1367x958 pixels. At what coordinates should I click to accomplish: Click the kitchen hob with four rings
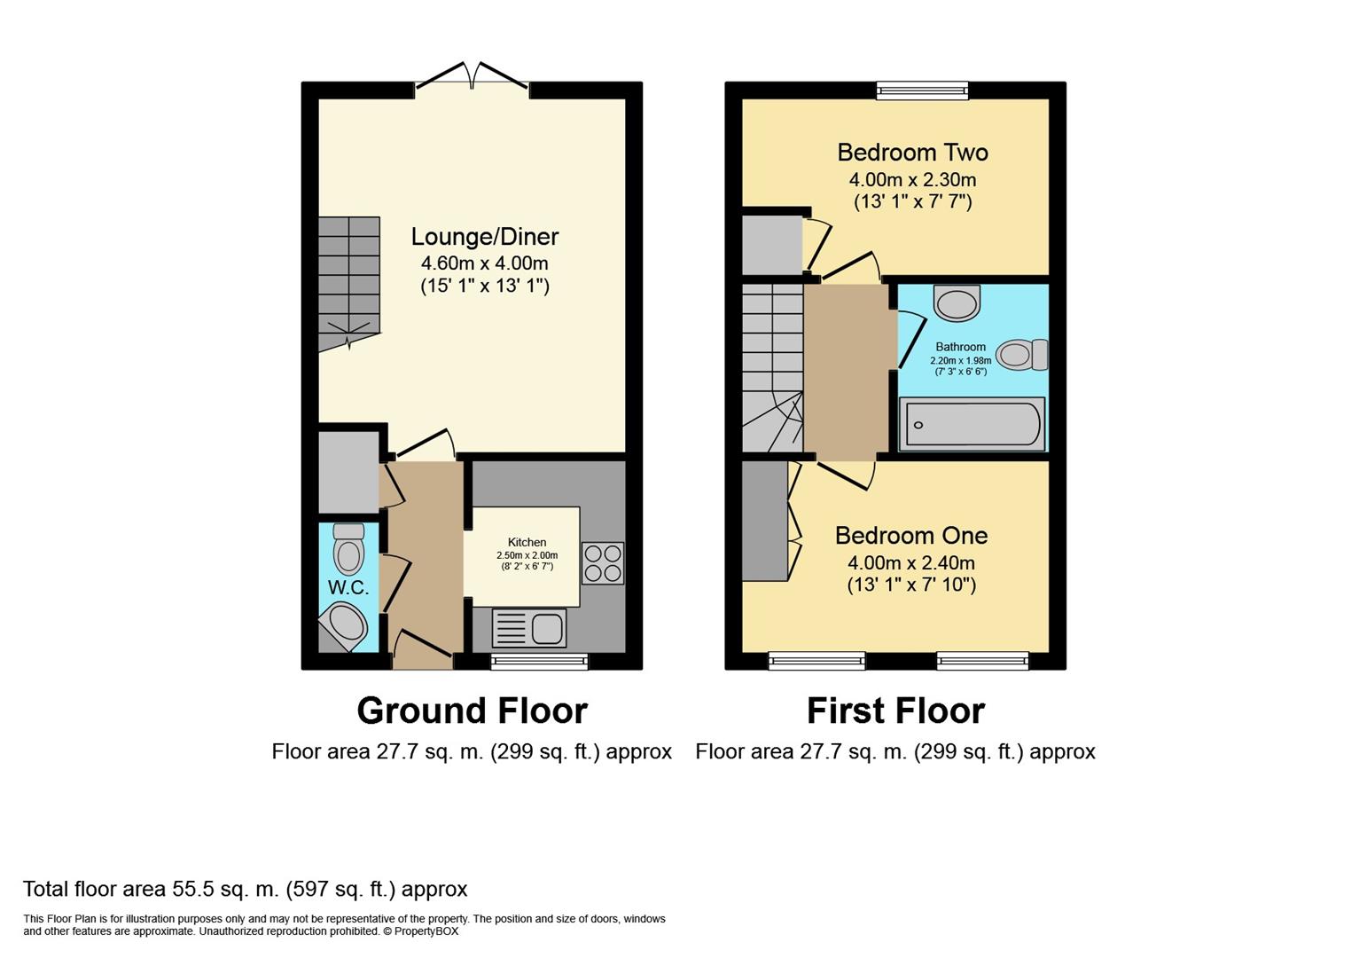tap(602, 563)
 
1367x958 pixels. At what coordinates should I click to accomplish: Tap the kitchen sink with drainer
tap(528, 628)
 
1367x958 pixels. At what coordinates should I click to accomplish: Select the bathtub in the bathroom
tap(973, 424)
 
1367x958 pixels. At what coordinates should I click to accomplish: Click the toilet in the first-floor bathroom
tap(1021, 355)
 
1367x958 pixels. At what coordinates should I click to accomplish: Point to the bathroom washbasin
tap(957, 302)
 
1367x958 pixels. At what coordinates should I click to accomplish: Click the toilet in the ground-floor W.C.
tap(348, 549)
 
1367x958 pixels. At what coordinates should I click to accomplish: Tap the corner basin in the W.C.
tap(345, 625)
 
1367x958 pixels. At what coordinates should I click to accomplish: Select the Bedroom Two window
tap(922, 91)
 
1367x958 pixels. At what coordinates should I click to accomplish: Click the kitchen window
tap(540, 662)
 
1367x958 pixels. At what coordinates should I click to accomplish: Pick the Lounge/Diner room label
tap(485, 237)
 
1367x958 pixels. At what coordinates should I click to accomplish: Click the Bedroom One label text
tap(911, 536)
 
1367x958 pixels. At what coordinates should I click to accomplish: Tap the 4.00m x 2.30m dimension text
tap(912, 180)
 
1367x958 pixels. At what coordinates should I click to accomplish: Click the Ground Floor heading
tap(472, 711)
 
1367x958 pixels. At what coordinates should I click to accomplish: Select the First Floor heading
tap(896, 711)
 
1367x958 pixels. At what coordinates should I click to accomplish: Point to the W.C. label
tap(348, 588)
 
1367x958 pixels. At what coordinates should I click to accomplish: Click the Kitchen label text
tap(527, 542)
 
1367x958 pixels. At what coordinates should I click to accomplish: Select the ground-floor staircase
tap(349, 284)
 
